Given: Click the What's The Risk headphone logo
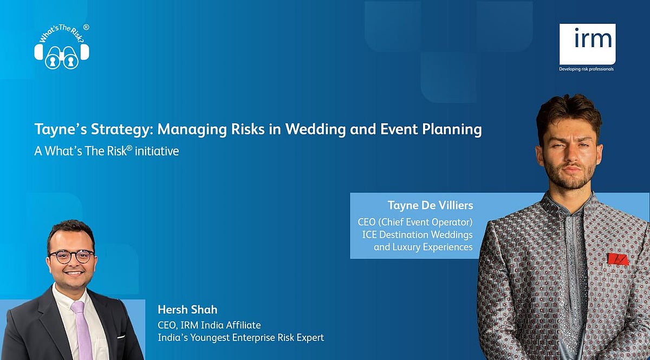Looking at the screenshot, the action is pyautogui.click(x=62, y=48).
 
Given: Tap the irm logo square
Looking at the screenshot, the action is pyautogui.click(x=588, y=44).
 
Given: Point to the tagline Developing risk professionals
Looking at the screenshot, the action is pyautogui.click(x=587, y=69).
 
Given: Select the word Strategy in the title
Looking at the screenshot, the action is pyautogui.click(x=120, y=129).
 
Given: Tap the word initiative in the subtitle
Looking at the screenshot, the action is pyautogui.click(x=157, y=151).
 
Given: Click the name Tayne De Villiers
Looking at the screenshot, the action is pyautogui.click(x=430, y=205).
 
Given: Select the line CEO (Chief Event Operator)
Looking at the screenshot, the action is pyautogui.click(x=415, y=222).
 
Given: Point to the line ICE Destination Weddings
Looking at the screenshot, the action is pyautogui.click(x=417, y=234).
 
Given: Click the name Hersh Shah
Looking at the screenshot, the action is pyautogui.click(x=187, y=310).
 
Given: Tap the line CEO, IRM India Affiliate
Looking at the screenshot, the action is pyautogui.click(x=209, y=325).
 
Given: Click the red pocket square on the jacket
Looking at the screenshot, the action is pyautogui.click(x=618, y=259).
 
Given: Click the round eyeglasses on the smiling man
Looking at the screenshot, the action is pyautogui.click(x=71, y=257).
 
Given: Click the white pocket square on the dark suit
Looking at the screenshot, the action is pyautogui.click(x=121, y=337).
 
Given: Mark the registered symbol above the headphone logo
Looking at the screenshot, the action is pyautogui.click(x=86, y=27).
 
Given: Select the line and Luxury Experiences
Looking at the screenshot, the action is pyautogui.click(x=423, y=247).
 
